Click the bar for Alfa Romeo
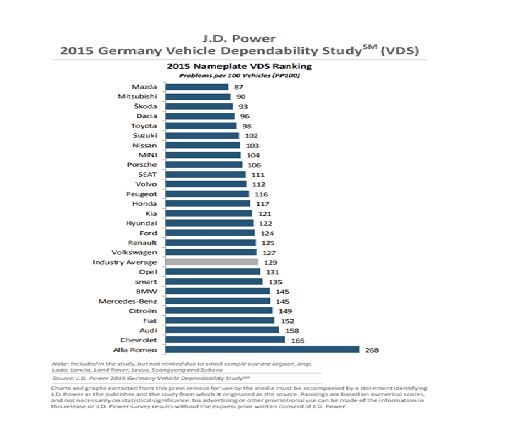click(262, 350)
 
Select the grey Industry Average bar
click(211, 262)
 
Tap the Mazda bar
click(197, 86)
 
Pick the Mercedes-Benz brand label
click(128, 301)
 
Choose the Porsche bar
click(204, 165)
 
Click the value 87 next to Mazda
click(238, 86)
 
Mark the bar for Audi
click(222, 330)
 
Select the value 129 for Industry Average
click(271, 262)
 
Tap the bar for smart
click(214, 282)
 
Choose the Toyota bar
click(201, 125)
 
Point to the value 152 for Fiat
click(287, 321)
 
